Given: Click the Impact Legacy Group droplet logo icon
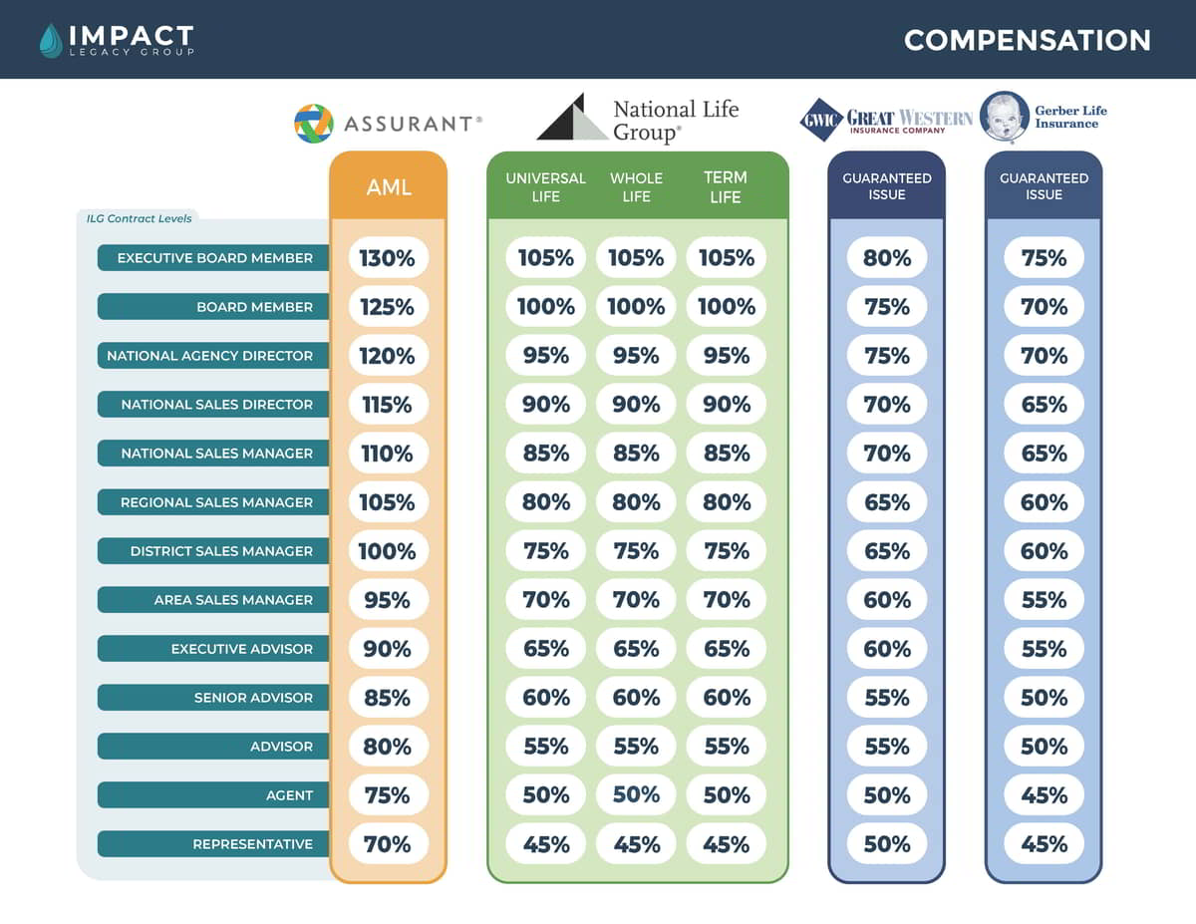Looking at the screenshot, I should (x=50, y=40).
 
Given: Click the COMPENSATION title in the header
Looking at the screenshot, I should (x=1027, y=40).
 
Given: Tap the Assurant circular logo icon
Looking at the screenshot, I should (x=313, y=124).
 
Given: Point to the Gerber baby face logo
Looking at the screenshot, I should (x=1004, y=118).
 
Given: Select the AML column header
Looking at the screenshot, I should (x=389, y=186).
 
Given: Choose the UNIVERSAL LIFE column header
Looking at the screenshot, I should (x=545, y=186).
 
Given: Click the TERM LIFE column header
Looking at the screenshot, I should (x=726, y=186).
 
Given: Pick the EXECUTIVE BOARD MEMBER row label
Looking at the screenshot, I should (x=213, y=258).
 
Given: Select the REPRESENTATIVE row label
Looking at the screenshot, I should (x=213, y=844).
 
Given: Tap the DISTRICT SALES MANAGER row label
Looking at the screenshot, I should (x=213, y=551).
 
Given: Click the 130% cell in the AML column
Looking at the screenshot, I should (x=388, y=258).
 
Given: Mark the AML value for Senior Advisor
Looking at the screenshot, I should (x=388, y=698).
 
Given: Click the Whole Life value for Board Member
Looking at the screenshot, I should (x=636, y=307).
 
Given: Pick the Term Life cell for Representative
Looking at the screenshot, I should (x=726, y=844).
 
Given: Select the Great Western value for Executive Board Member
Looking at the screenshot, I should (x=887, y=258).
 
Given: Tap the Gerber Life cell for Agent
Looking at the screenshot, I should (x=1044, y=795).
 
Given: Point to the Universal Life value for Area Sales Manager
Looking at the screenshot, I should (x=546, y=600).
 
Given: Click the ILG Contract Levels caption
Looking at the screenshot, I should (x=139, y=217).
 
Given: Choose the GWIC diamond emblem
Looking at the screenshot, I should (x=821, y=120).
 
